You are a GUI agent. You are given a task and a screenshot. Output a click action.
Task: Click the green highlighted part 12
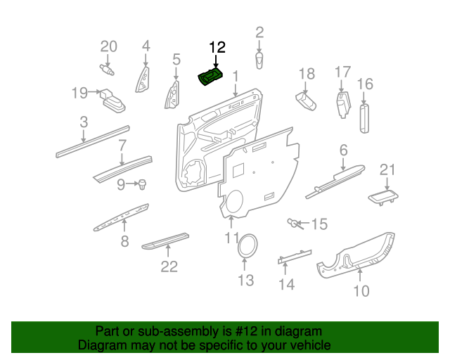pyautogui.click(x=211, y=77)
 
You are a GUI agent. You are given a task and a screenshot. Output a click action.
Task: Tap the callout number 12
pyautogui.click(x=217, y=48)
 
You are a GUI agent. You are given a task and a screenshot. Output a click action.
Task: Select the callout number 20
pyautogui.click(x=108, y=47)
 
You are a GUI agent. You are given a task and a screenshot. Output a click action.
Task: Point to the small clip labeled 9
pyautogui.click(x=143, y=184)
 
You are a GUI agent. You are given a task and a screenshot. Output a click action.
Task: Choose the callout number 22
pyautogui.click(x=169, y=266)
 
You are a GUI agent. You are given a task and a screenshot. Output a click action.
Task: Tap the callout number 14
pyautogui.click(x=286, y=284)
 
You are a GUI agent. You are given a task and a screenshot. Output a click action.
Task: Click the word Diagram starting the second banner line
pyautogui.click(x=101, y=345)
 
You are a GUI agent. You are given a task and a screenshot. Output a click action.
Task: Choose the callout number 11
pyautogui.click(x=232, y=238)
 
